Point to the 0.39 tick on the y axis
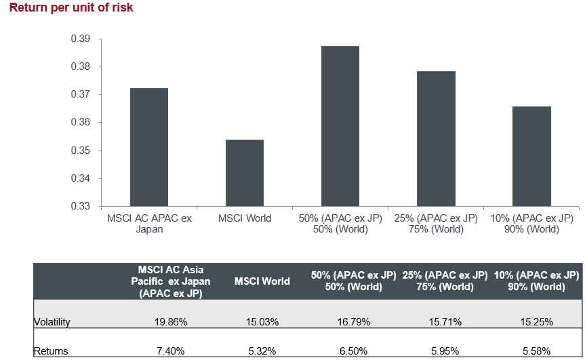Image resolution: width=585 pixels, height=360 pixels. point(81,39)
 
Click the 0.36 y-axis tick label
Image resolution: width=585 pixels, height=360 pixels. point(81,123)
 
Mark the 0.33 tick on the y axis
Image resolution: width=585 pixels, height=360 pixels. point(81,206)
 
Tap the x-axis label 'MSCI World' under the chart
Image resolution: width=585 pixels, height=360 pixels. point(245,218)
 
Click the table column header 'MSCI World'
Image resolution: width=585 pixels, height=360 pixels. point(262,281)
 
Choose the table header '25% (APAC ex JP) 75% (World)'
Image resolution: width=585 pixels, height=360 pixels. point(445,281)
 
